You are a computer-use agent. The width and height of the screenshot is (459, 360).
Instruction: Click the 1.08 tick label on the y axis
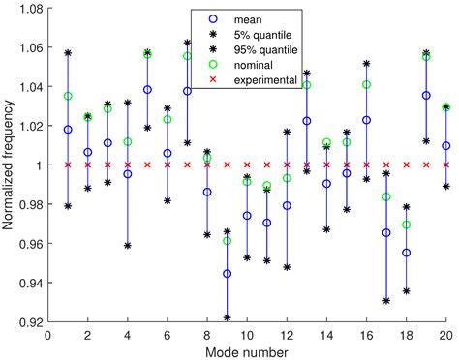click(x=26, y=9)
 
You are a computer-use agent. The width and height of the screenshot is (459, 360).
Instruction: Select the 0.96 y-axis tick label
click(x=26, y=244)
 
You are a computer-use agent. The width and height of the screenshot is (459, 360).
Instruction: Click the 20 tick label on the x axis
click(x=445, y=335)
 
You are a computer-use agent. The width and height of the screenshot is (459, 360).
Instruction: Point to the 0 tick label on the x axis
click(x=47, y=335)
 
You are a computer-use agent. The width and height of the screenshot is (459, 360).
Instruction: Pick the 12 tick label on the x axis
click(x=287, y=335)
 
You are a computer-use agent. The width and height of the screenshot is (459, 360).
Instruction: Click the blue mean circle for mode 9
click(x=227, y=274)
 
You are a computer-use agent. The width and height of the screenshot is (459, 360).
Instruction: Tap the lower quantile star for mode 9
click(x=227, y=317)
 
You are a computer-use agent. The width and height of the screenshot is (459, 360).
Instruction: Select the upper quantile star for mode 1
click(x=68, y=52)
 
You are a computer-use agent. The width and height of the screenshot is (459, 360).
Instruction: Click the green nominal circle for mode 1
click(x=68, y=96)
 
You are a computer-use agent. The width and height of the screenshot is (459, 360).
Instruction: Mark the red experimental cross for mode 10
click(x=247, y=165)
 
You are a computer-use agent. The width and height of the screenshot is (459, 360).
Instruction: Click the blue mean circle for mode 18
click(x=406, y=253)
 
